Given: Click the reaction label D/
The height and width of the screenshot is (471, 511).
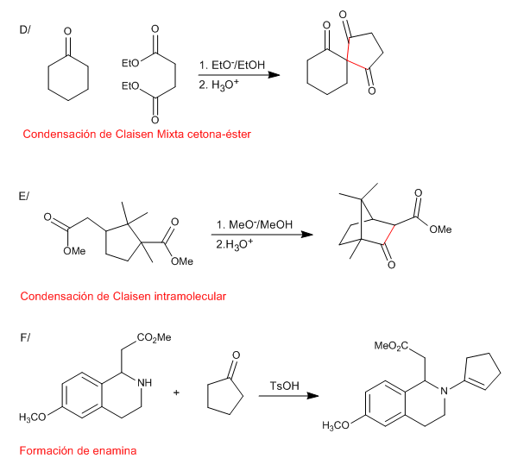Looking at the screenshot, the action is (25, 29).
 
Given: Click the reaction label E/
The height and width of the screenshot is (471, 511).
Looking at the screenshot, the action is (24, 197).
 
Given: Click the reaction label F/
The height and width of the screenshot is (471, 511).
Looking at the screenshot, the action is (25, 337).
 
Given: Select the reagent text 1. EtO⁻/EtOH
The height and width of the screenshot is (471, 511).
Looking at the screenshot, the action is (232, 66).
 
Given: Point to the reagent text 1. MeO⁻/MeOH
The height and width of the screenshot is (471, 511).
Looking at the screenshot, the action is (255, 225).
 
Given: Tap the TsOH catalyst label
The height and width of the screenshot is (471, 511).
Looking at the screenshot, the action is (284, 386).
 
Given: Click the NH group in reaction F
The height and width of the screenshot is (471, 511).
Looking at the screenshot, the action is (144, 383).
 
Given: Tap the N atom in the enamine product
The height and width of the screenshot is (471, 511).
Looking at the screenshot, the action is (444, 391).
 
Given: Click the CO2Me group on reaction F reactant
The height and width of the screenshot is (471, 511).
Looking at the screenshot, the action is (155, 337).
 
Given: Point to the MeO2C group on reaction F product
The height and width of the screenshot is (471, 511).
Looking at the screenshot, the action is (391, 346).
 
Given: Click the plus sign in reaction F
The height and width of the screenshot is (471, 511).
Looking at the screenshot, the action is (176, 392).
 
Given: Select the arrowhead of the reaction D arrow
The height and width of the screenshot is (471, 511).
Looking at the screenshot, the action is (274, 75).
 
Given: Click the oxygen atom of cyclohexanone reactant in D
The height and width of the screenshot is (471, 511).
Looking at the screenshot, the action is (67, 31).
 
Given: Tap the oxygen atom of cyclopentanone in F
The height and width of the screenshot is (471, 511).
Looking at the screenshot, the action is (236, 355).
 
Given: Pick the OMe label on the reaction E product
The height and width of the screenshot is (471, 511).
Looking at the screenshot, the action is (440, 229).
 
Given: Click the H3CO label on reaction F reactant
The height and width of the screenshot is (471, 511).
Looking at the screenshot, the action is (32, 418).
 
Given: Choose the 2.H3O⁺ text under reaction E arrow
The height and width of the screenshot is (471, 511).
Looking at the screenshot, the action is (234, 244).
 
